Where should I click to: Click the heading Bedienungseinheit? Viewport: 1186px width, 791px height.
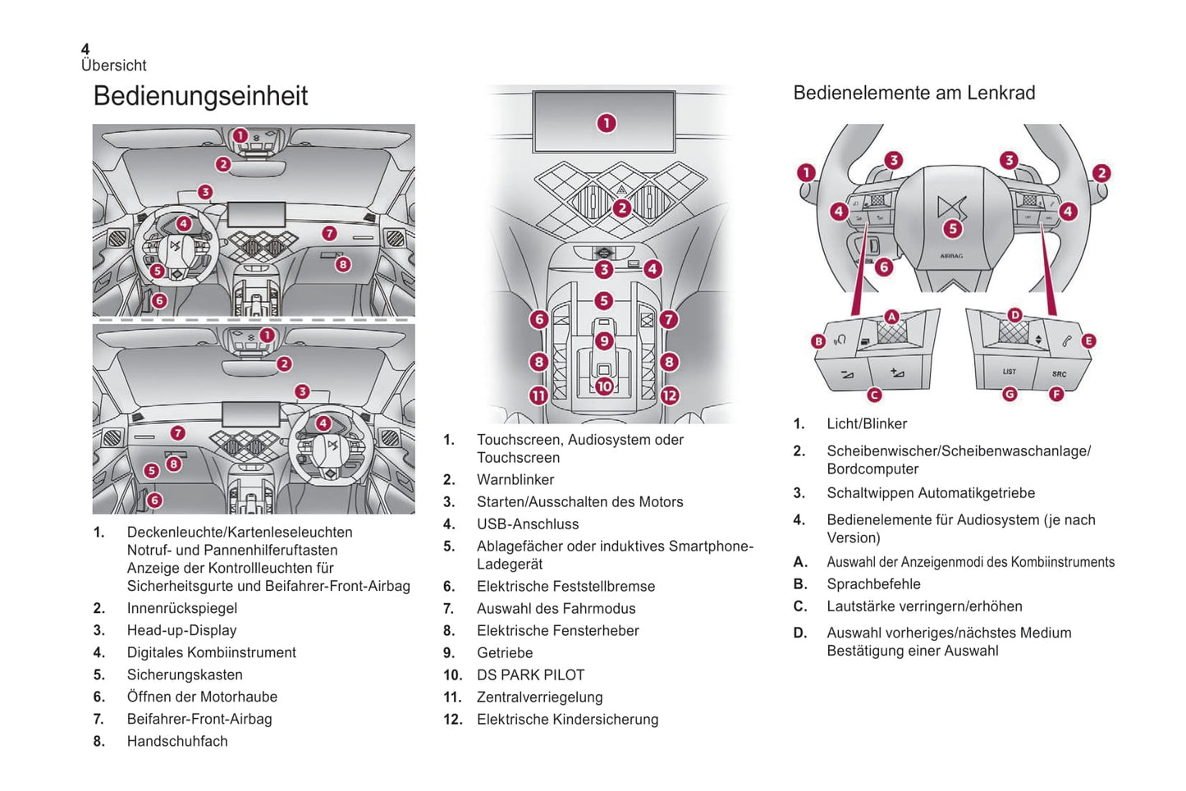click(x=200, y=96)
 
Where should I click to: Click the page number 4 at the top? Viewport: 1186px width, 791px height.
click(x=85, y=50)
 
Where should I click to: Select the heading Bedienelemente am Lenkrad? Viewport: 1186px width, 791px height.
click(x=914, y=93)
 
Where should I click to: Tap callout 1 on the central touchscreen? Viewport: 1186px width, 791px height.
click(x=606, y=123)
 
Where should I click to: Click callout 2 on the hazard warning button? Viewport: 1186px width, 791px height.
click(x=622, y=208)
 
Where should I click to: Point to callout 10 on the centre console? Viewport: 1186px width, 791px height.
click(x=604, y=386)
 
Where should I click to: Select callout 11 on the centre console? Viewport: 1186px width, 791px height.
click(x=538, y=395)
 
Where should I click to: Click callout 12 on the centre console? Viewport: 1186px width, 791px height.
click(x=670, y=395)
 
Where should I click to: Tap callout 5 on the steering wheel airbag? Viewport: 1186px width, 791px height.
click(x=952, y=229)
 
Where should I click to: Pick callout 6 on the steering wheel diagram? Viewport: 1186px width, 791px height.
click(x=883, y=267)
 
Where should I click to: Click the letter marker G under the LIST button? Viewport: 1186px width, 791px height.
click(x=1010, y=395)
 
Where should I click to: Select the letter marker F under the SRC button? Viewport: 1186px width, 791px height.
click(x=1056, y=395)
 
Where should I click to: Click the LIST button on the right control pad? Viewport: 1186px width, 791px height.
click(x=1009, y=372)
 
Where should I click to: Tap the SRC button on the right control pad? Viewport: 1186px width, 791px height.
click(x=1059, y=374)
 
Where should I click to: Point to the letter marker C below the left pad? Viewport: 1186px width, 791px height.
click(x=874, y=395)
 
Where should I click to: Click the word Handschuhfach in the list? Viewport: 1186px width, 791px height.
click(x=177, y=741)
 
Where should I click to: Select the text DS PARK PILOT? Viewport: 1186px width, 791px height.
click(x=530, y=674)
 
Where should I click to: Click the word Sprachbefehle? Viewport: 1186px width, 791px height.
click(x=873, y=584)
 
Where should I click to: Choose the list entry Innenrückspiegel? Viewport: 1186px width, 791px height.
click(x=182, y=608)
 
